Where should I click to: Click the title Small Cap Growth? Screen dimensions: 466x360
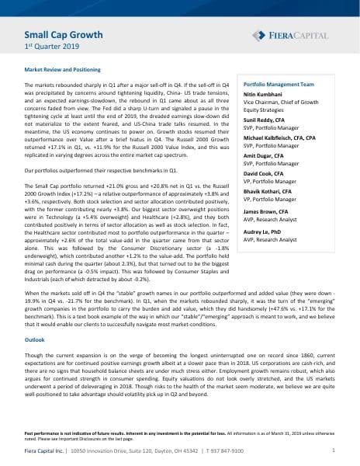click(59, 35)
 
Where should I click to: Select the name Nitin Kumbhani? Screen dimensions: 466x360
click(268, 94)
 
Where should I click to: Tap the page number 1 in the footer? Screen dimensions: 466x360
click(334, 450)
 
